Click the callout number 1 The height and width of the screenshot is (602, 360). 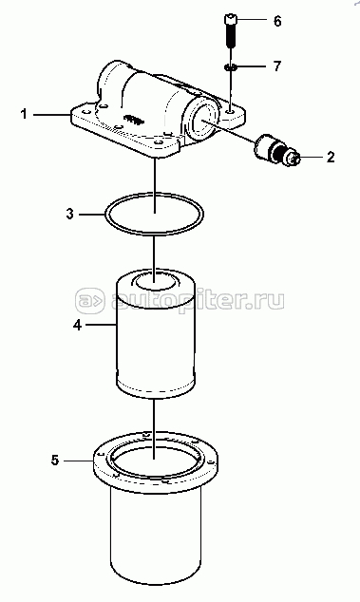[x=24, y=114]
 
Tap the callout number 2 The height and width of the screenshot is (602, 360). [x=331, y=157]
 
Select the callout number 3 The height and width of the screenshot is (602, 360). [x=69, y=214]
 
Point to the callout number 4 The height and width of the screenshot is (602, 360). [x=77, y=325]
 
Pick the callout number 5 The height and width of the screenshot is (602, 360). [x=55, y=460]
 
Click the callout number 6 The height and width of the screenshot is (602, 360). [x=277, y=21]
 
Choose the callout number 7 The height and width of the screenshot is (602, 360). [x=277, y=66]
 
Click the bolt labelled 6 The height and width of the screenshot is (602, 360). [x=230, y=30]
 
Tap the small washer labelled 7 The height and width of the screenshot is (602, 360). [x=230, y=67]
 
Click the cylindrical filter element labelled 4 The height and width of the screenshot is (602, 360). [x=155, y=332]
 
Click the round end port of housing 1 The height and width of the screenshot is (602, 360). [x=202, y=120]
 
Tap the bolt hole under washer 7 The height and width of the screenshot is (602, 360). [x=230, y=111]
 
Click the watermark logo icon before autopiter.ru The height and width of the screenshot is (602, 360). [x=89, y=299]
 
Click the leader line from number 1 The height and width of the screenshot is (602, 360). [x=51, y=114]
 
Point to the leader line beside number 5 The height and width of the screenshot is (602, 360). [x=79, y=460]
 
